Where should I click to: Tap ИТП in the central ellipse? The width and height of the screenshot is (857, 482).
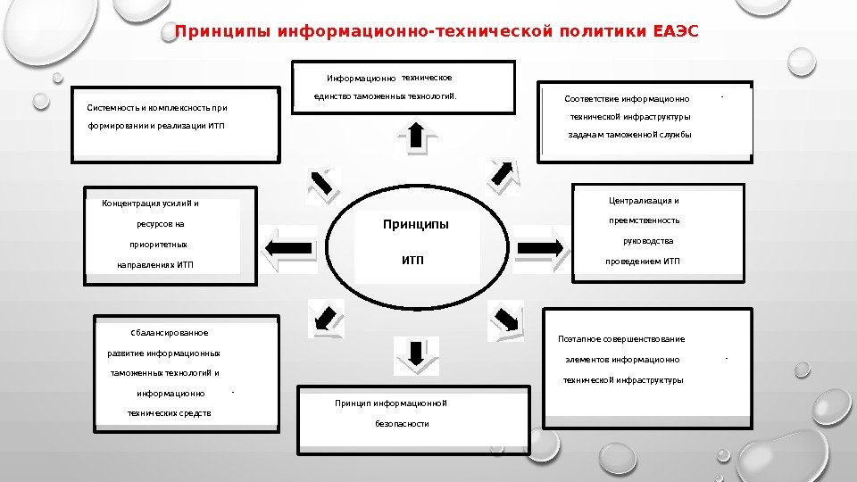412,261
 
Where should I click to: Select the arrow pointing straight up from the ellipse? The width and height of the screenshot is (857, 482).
416,136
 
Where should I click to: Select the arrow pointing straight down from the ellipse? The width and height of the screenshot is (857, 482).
416,353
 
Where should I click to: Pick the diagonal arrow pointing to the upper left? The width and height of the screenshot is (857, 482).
322,181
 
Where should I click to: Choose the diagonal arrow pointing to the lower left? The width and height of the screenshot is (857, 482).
323,315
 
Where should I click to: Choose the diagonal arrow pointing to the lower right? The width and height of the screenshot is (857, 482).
506,318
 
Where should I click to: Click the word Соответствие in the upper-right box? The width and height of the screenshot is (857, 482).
591,99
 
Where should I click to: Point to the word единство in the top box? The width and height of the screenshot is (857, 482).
332,96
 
